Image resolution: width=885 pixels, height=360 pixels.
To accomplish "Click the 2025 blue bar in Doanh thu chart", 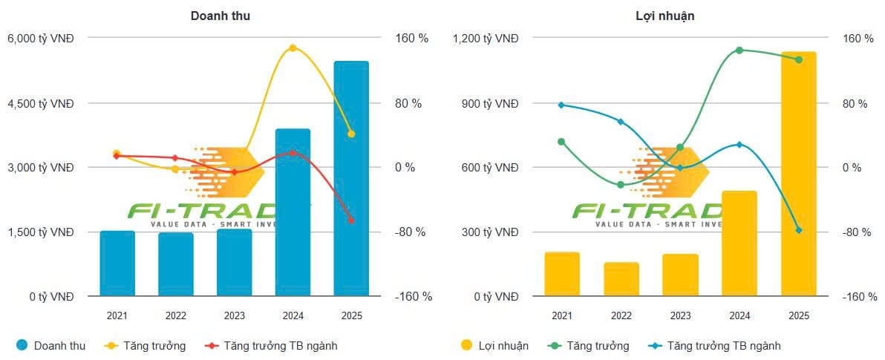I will click(x=351, y=178).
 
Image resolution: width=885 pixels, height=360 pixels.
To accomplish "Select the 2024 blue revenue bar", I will click(x=293, y=215).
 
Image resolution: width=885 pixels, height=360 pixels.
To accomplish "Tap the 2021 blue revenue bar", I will click(x=117, y=264).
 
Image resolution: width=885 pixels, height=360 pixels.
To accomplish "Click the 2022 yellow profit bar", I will click(x=621, y=279).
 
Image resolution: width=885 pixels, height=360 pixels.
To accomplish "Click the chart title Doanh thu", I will click(x=220, y=16).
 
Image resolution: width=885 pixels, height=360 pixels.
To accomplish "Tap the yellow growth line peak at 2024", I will click(x=293, y=48).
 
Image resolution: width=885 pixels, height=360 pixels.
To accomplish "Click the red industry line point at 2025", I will click(x=351, y=220).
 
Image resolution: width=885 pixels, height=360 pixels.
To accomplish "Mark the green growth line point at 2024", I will click(x=739, y=50).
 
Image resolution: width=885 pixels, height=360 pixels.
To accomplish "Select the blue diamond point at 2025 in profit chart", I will click(x=799, y=230).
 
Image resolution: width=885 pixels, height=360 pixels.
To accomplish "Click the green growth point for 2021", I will click(x=561, y=142).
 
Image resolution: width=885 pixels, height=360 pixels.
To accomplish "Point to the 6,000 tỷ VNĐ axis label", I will click(x=40, y=39).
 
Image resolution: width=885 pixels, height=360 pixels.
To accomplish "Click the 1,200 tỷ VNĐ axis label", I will click(x=486, y=39).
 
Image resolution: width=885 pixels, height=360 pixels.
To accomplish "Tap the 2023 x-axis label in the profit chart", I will click(x=680, y=315).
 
